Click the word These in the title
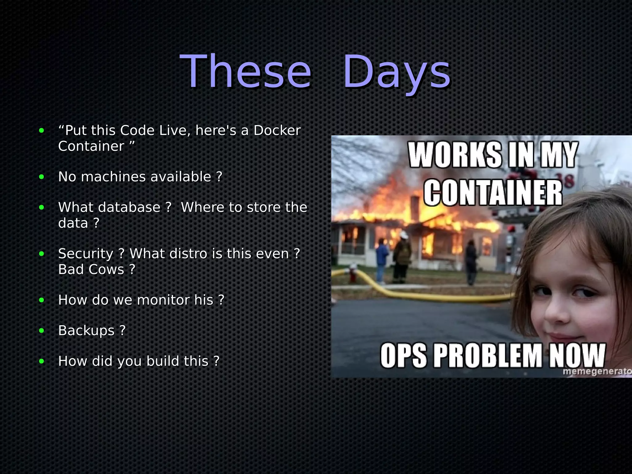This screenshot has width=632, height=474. pyautogui.click(x=245, y=72)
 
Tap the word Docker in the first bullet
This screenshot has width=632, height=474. pyautogui.click(x=277, y=131)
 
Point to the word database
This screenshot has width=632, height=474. pyautogui.click(x=129, y=207)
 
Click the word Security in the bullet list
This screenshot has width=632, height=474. pyautogui.click(x=86, y=254)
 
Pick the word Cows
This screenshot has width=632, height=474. pyautogui.click(x=106, y=270)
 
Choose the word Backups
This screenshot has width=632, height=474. pyautogui.click(x=86, y=331)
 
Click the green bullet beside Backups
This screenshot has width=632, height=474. pyautogui.click(x=42, y=331)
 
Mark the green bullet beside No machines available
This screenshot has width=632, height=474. pyautogui.click(x=42, y=177)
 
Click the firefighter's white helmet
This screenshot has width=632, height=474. pyautogui.click(x=403, y=235)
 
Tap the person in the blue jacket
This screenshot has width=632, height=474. pyautogui.click(x=382, y=259)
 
